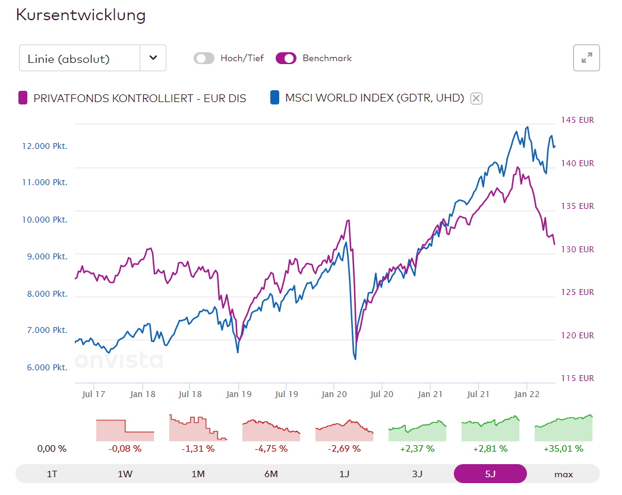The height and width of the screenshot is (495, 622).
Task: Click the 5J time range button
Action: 490,474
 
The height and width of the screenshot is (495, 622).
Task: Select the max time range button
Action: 563,474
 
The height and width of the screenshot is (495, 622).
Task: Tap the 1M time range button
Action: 198,474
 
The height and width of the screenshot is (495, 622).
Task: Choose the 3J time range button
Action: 417,474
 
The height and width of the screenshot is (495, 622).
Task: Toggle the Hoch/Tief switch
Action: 204,58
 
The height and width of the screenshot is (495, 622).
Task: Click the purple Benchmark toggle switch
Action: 286,58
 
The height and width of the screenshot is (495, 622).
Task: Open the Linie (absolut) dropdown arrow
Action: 153,58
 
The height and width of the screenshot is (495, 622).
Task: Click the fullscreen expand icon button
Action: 586,58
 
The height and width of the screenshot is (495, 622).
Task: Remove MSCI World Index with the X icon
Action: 476,99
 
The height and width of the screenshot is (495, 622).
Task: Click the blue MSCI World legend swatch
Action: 274,98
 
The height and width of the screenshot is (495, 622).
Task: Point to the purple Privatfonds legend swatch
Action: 23,98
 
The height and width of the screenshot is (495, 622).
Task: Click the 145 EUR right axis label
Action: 577,120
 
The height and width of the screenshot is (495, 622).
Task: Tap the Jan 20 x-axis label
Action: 333,394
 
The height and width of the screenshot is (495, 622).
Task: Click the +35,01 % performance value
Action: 563,449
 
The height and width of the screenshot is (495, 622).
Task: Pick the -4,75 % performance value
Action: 271,449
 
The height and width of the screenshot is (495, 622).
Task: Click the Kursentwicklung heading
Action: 81,15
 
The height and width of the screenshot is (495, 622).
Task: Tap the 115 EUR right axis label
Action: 577,378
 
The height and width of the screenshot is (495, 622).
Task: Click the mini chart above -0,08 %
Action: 125,430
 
